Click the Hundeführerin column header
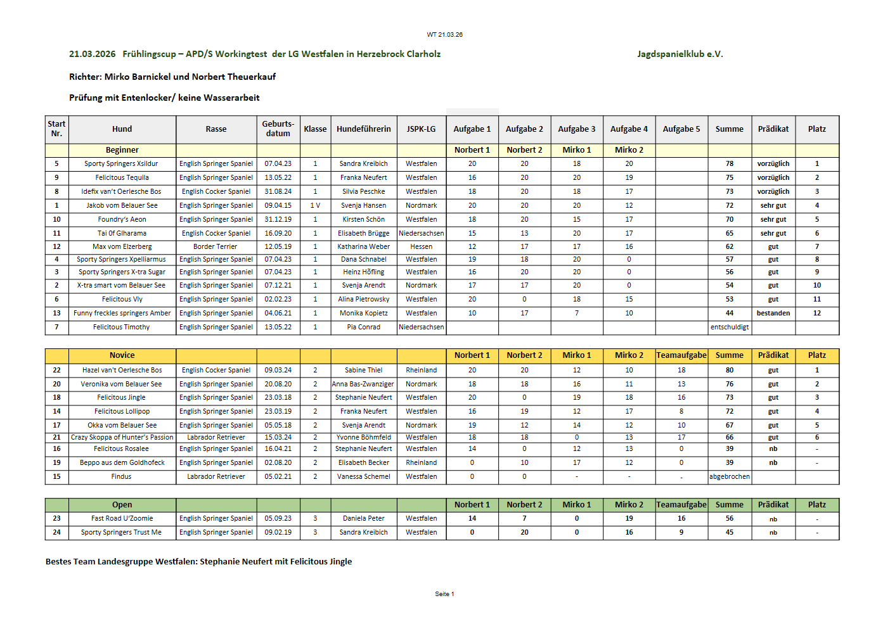(363, 129)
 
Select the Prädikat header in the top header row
(773, 129)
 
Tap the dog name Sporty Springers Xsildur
(121, 164)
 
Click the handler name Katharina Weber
(363, 247)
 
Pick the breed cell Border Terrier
(216, 247)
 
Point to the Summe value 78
(729, 164)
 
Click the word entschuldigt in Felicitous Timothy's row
(729, 327)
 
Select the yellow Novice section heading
(122, 355)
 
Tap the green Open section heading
(122, 505)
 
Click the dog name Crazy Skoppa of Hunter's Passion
(122, 438)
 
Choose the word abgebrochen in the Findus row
(729, 477)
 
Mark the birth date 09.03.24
(278, 371)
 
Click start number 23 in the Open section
(56, 519)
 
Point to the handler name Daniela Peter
(363, 519)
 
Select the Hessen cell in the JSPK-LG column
(421, 247)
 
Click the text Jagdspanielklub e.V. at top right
(680, 54)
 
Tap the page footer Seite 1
(444, 594)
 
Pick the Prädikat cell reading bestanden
(773, 314)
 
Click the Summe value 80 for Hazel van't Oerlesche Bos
(729, 371)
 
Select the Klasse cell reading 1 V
(315, 206)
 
